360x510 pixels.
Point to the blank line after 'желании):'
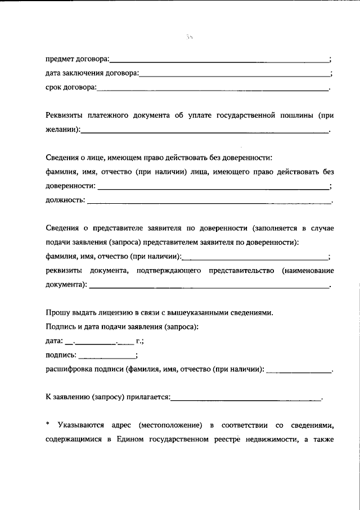click(205, 132)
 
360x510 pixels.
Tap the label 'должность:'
click(65, 200)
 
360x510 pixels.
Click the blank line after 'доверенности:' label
click(213, 187)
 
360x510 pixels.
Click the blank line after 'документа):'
click(209, 287)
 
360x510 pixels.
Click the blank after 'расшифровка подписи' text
click(299, 370)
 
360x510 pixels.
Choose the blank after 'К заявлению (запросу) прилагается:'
click(245, 399)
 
